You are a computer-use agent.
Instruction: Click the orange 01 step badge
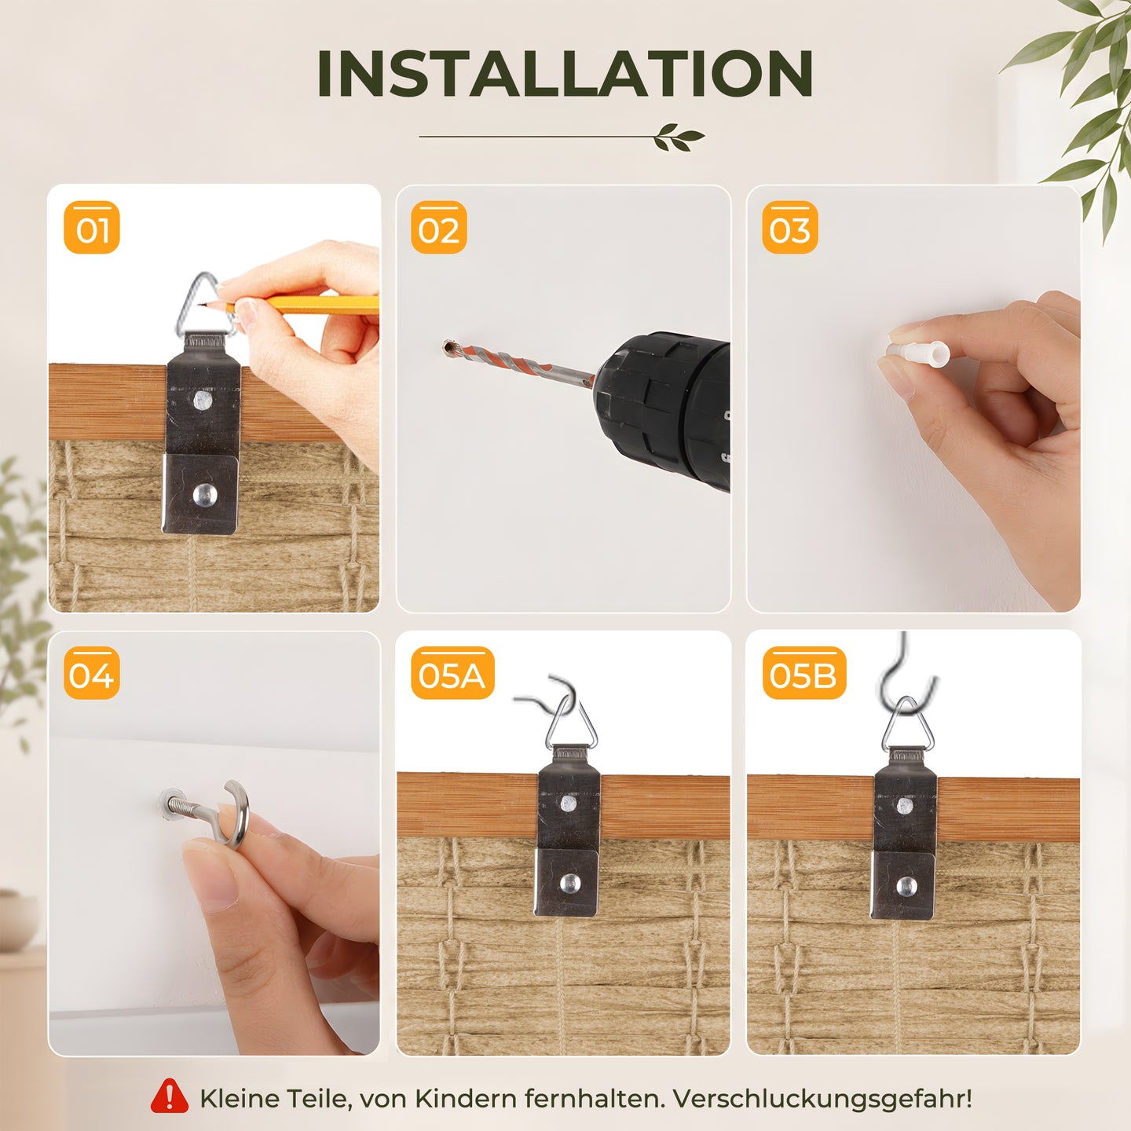pos(92,228)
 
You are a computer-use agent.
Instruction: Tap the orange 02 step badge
pos(439,228)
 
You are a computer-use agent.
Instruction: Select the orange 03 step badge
pos(789,228)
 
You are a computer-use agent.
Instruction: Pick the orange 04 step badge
pos(92,673)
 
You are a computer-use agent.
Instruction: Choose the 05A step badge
pos(452,673)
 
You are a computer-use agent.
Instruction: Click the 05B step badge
pos(804,673)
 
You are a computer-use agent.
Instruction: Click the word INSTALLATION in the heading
pos(565,74)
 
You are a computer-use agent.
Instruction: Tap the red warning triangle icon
pos(170,1095)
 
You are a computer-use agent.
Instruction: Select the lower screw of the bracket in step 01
pos(205,495)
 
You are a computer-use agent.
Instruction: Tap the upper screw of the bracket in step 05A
pos(568,803)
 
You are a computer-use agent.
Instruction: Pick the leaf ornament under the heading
pos(679,137)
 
